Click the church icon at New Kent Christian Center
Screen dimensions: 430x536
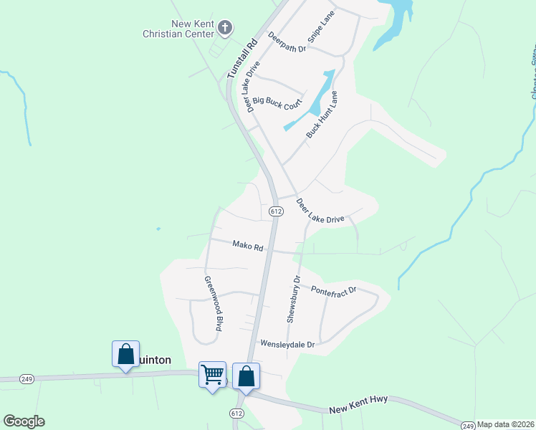pos(225,28)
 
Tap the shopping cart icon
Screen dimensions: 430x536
pos(212,373)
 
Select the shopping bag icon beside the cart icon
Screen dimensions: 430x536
pos(246,376)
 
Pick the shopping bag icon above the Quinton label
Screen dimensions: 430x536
pos(125,353)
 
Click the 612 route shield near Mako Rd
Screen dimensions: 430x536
pos(277,211)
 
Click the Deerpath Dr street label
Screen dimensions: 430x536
pos(287,42)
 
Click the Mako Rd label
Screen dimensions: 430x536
pos(248,246)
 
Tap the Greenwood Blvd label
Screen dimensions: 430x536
pos(211,303)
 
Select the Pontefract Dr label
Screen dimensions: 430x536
pos(333,289)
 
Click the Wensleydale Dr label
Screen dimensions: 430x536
pos(287,344)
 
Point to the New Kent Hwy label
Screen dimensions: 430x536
pos(359,408)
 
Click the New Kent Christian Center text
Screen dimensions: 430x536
pos(178,29)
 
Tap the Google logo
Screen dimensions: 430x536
pos(24,421)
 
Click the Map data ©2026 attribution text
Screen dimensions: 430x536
pos(505,424)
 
